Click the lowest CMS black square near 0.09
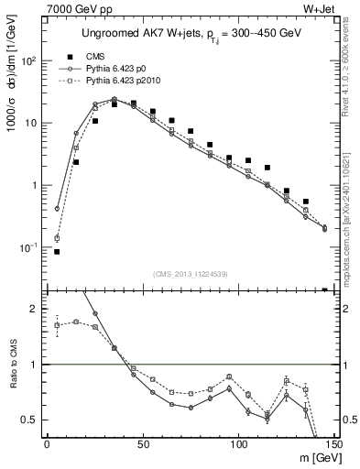[57, 251]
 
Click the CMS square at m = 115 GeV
[267, 168]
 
